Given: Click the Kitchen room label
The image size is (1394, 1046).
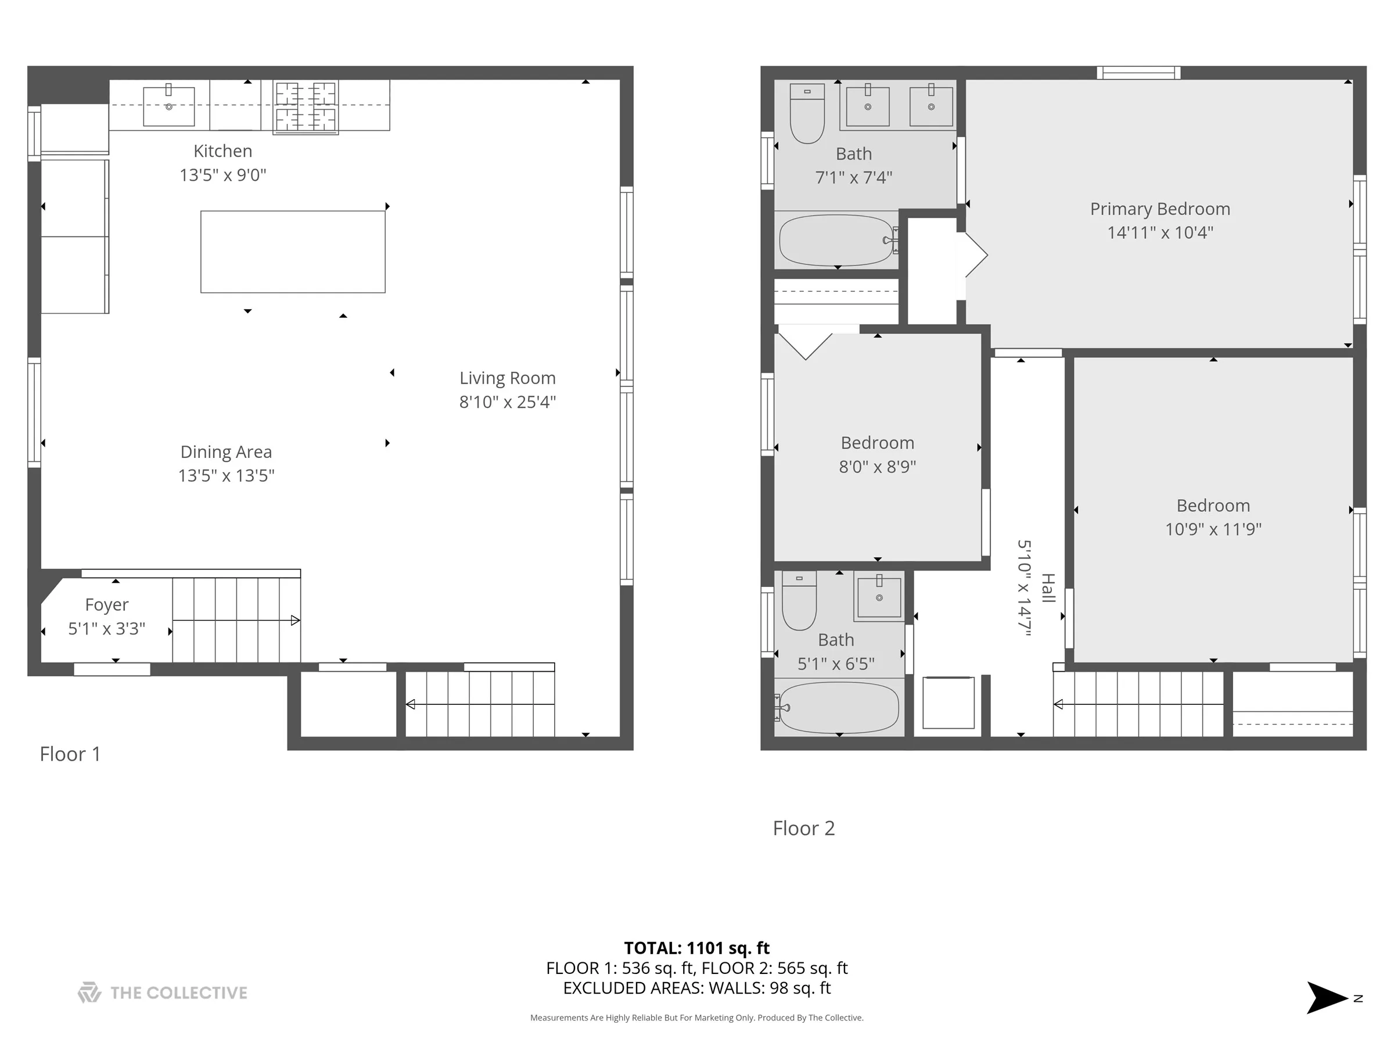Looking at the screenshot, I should (222, 151).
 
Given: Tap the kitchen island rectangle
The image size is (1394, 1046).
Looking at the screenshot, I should (293, 252).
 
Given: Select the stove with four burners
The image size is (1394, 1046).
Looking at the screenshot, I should (306, 106).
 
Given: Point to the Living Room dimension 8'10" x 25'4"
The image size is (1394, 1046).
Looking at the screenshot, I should (507, 402).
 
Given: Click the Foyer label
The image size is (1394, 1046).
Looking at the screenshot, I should (106, 605).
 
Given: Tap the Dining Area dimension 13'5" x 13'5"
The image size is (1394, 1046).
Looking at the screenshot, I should (227, 475).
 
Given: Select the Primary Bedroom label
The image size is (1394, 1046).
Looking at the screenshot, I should (1159, 209).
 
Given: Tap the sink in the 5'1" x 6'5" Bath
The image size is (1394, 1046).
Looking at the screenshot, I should (879, 597).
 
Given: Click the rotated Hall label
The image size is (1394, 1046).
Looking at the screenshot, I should (1047, 588).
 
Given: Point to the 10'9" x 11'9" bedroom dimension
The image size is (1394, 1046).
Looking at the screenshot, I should (1213, 529).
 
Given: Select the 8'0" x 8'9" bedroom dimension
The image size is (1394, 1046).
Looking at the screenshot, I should (877, 467).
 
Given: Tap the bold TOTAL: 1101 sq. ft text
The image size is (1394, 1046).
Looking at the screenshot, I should (696, 948).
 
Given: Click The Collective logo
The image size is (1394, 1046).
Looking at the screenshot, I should (162, 993).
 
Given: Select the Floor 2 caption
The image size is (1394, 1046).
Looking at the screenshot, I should (803, 828).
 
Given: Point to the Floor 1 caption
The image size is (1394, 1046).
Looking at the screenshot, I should (70, 754).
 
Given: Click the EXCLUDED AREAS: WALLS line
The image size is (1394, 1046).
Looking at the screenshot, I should (696, 988).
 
